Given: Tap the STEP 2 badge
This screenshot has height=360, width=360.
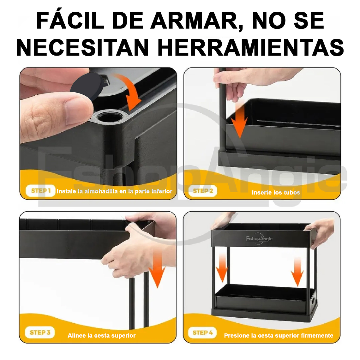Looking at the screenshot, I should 203,191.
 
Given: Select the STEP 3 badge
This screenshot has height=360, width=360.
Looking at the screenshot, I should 40,333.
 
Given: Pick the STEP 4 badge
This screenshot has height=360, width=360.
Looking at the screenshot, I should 202,333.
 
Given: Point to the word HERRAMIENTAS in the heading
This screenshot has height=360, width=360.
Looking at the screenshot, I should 251,48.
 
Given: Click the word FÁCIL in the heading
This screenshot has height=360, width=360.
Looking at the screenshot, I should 70,21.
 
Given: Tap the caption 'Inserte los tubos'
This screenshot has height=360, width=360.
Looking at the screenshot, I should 276,193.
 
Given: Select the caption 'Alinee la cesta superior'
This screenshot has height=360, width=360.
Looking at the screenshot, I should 101,336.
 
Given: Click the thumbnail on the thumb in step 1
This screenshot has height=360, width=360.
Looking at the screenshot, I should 77,111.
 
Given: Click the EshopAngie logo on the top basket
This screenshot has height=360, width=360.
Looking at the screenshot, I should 259,239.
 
